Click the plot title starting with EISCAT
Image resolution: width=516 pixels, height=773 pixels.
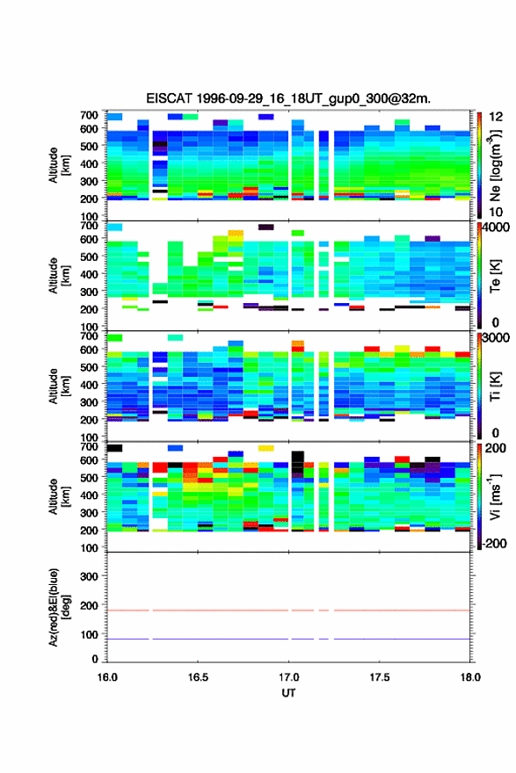288,98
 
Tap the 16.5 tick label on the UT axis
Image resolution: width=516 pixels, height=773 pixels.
198,677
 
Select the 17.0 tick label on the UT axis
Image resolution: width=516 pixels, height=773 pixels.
288,677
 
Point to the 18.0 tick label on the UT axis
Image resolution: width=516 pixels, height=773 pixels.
470,677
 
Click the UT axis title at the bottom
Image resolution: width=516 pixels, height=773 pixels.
288,693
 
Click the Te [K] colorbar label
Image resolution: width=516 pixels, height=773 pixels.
495,276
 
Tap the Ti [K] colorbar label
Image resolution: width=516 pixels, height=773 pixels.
495,386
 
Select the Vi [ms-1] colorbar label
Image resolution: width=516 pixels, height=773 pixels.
495,496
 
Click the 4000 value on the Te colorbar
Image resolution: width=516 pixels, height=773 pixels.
496,228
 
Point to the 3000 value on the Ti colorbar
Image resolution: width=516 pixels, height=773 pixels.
496,337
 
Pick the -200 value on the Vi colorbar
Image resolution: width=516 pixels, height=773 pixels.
493,543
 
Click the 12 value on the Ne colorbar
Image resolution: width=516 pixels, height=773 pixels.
496,117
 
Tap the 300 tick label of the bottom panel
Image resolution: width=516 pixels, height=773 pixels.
89,576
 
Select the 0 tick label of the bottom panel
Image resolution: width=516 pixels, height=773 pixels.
95,659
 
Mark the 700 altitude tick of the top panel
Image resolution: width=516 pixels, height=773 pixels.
89,115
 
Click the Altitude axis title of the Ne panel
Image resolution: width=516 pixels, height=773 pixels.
58,165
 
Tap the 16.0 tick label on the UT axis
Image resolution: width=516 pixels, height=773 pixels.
107,677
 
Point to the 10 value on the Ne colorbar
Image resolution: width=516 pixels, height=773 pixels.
496,213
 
